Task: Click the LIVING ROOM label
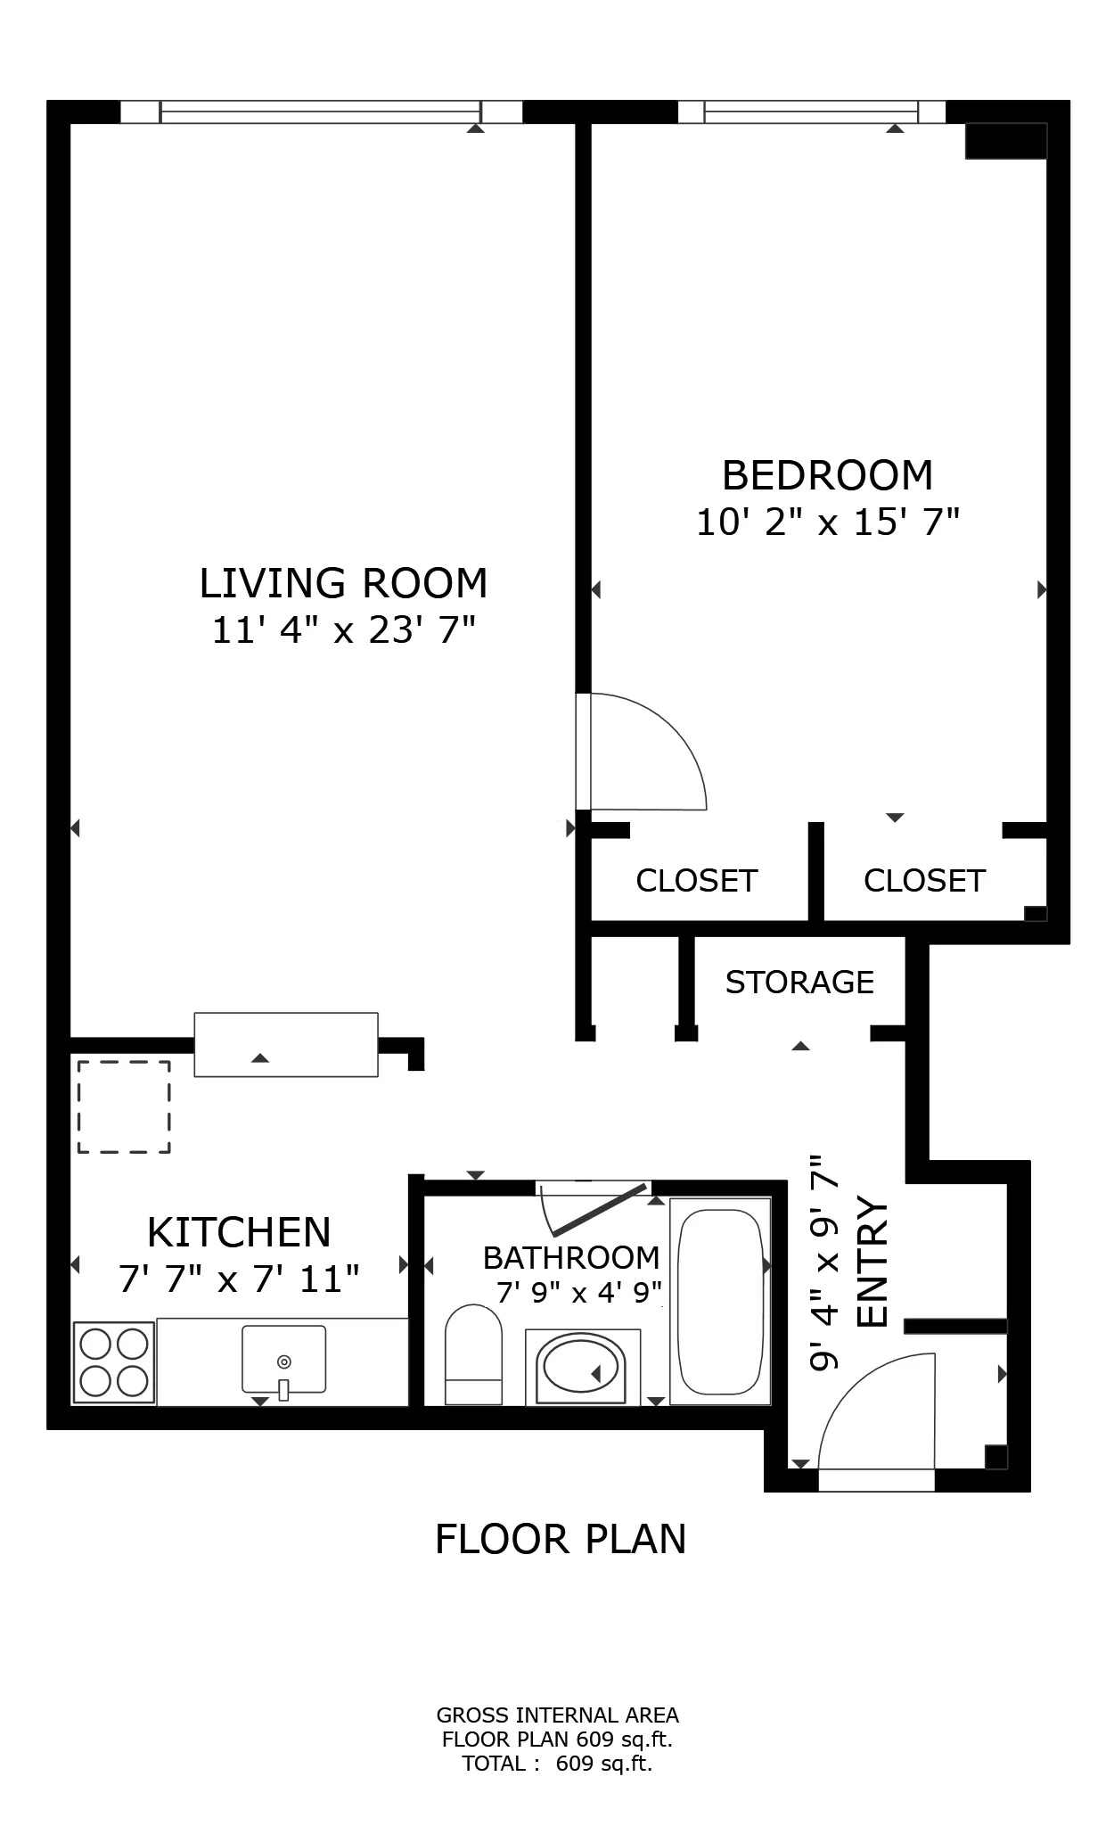(343, 583)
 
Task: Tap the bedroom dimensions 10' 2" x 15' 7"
(827, 522)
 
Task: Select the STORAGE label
(799, 982)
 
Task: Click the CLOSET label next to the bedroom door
(696, 881)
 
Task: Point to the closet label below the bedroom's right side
(924, 881)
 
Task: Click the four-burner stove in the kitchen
(114, 1362)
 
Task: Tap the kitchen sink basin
(283, 1359)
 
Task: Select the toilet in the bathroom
(473, 1355)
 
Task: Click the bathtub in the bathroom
(720, 1301)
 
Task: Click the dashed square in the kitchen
(123, 1106)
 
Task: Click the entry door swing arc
(869, 1409)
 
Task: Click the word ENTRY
(872, 1263)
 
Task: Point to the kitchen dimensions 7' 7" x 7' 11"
(239, 1280)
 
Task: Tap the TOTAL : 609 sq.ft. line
(557, 1763)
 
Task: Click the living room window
(321, 112)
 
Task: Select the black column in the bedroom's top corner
(1005, 141)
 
